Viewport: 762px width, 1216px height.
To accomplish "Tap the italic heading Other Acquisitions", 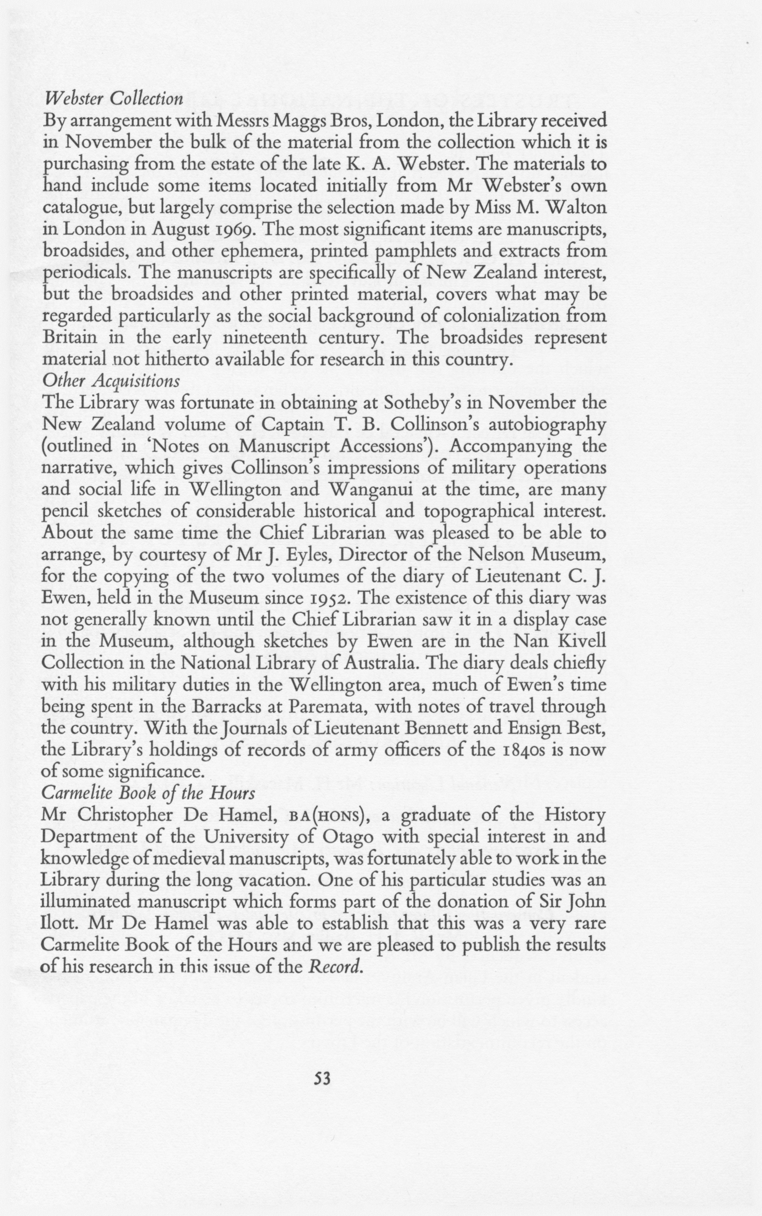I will [x=111, y=381].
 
